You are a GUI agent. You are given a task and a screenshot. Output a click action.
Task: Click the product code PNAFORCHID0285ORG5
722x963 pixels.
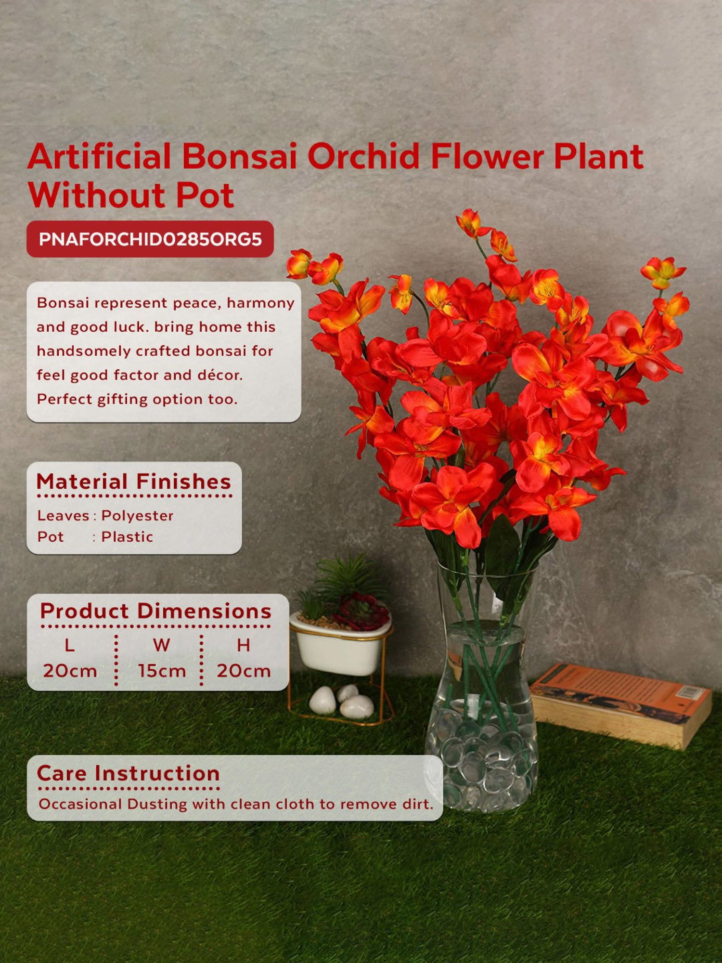pos(150,239)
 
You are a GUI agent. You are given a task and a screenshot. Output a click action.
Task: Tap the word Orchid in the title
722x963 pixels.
pos(363,156)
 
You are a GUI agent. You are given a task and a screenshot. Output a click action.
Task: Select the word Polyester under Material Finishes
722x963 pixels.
pos(137,516)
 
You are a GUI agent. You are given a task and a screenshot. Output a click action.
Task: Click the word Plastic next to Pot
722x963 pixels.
pos(127,537)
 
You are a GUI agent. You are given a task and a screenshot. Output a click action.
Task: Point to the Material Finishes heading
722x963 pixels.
pos(134,482)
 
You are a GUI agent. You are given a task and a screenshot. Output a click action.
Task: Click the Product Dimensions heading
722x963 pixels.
pos(155,611)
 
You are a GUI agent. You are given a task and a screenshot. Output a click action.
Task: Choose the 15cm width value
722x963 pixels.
pos(162,671)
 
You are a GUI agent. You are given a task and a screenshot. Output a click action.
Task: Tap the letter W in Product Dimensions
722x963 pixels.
pos(161,645)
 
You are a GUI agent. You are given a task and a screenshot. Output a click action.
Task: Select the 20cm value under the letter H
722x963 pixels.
pos(244,671)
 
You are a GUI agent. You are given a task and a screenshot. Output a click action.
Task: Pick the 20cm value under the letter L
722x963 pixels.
pos(70,671)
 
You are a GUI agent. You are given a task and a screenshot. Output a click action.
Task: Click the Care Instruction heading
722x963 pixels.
pos(128,774)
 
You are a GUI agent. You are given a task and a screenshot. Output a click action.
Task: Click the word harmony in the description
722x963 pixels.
pos(260,303)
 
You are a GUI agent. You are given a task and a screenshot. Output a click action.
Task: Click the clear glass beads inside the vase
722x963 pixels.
pos(481,766)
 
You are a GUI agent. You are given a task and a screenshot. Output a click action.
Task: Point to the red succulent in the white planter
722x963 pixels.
pos(362,612)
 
